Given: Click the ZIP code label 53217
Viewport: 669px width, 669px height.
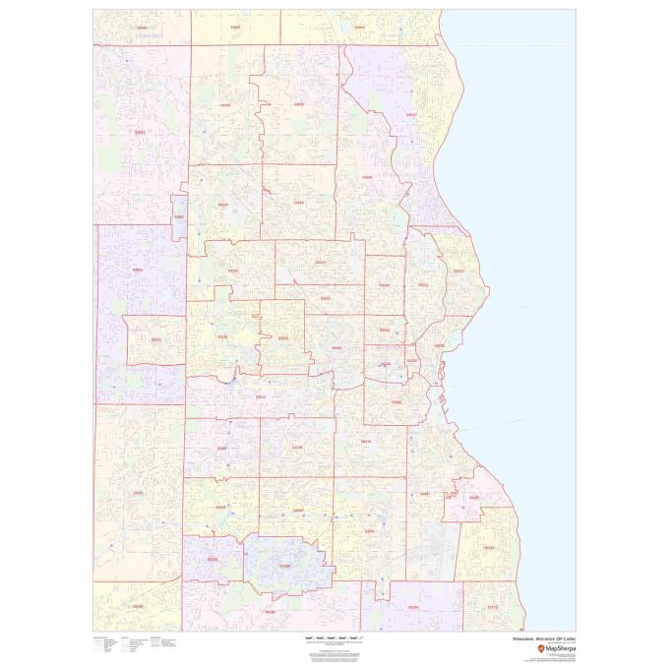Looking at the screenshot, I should click(x=411, y=115).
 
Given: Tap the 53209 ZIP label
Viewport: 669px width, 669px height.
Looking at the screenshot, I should click(x=367, y=178).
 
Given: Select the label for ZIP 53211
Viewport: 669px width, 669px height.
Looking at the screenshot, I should click(x=458, y=271).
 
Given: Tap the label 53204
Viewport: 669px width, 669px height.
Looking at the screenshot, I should click(x=396, y=402).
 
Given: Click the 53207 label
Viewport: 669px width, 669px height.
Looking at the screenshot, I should click(x=425, y=494).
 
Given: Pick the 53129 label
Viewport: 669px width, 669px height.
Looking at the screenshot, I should click(x=285, y=566).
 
